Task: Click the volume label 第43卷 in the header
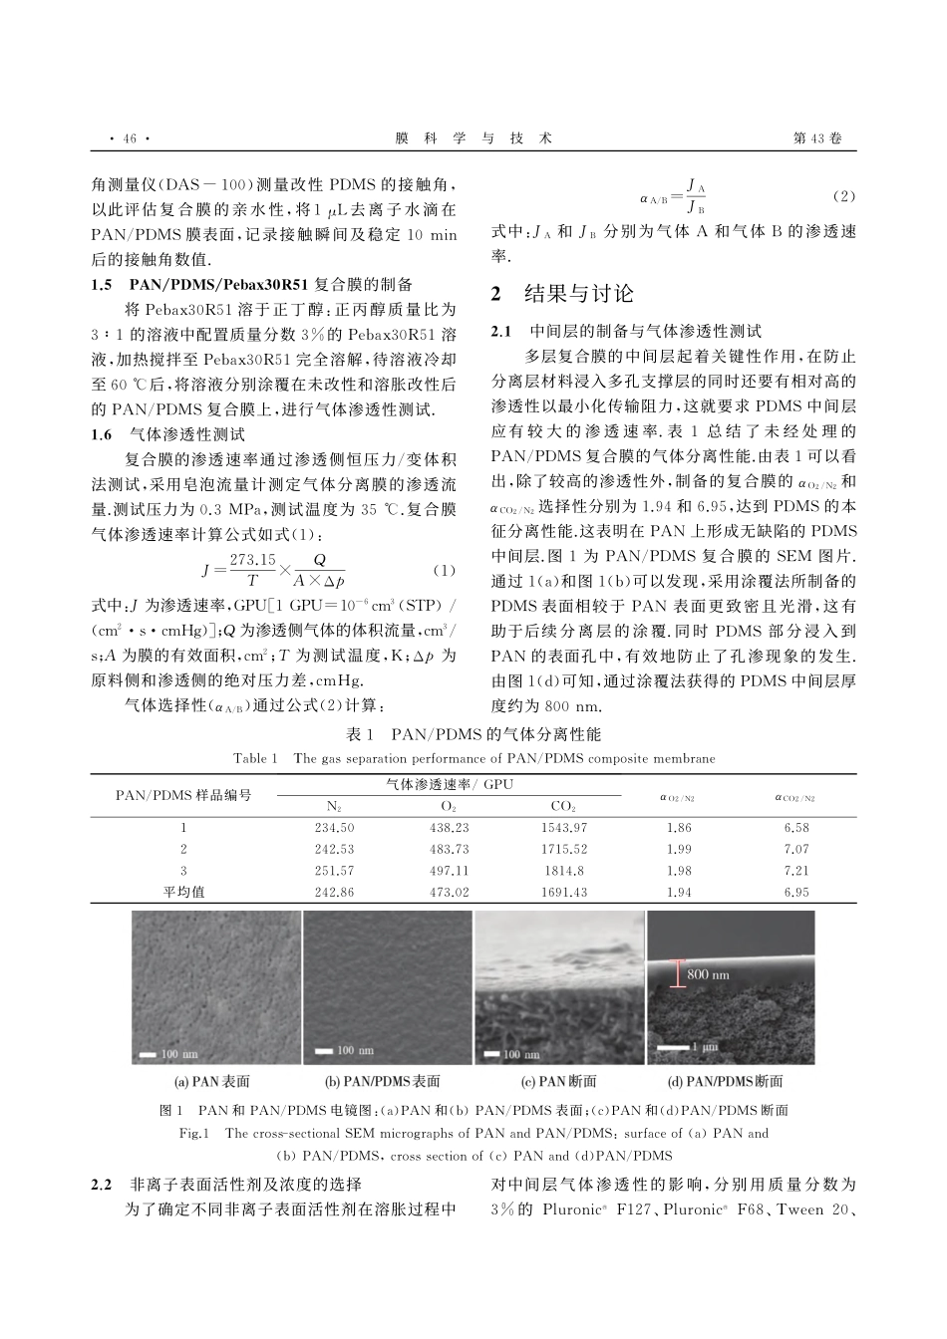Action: [816, 138]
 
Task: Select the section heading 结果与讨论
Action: [578, 293]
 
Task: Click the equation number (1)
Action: [445, 571]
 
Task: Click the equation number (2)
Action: [842, 195]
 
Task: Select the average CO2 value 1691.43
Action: [563, 892]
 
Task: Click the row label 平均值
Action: [183, 892]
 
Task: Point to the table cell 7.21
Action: [795, 871]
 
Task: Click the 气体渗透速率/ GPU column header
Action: [449, 785]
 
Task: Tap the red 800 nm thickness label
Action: [708, 973]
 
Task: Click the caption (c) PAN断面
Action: [559, 1081]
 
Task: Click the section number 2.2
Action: [102, 1185]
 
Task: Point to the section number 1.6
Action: [102, 433]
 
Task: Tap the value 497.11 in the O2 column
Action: [449, 871]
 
